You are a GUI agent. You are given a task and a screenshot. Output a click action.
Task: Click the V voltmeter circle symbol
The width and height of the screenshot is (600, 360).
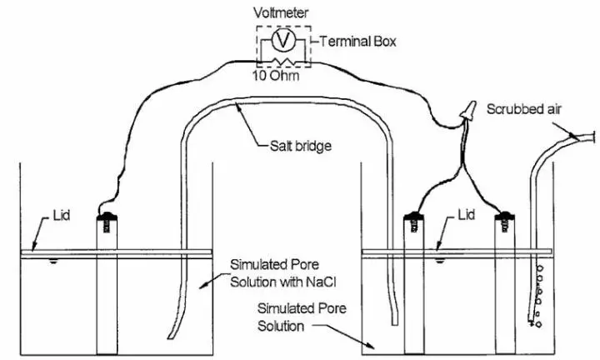[x=284, y=40]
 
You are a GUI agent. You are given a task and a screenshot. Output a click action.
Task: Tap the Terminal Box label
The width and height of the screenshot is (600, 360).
[x=347, y=40]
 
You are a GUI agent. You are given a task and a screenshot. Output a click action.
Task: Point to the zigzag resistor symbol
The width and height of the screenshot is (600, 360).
[x=284, y=62]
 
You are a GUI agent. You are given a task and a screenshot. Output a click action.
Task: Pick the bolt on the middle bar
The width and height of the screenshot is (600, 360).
[x=412, y=221]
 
